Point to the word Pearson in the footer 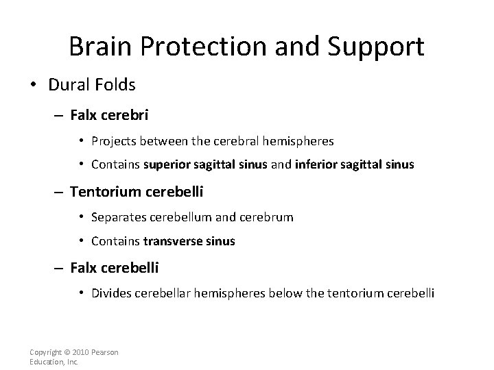pyautogui.click(x=106, y=352)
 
